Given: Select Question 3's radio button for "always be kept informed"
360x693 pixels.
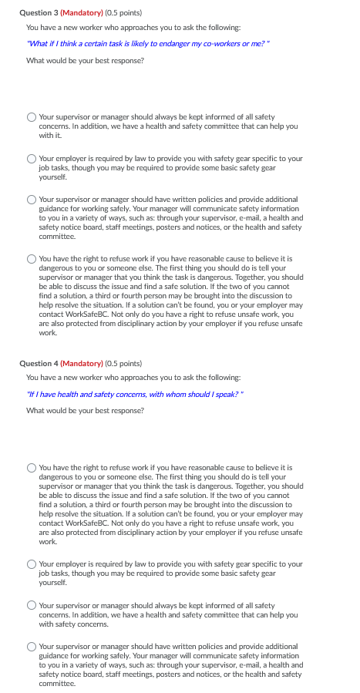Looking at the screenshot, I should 32,117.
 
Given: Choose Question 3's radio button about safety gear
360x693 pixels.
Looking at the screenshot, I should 32,159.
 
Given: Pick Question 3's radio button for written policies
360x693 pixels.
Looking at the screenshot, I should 32,200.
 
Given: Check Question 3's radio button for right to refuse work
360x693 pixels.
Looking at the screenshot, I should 32,259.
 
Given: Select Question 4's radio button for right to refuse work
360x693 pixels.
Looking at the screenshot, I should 32,467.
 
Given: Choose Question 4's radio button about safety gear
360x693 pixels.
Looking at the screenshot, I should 32,564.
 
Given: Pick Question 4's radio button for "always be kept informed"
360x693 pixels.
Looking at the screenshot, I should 32,605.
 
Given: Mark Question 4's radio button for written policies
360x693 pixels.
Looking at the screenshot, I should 32,646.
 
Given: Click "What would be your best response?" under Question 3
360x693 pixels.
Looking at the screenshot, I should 85,60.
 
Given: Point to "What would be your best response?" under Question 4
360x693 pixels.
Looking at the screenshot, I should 85,410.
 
